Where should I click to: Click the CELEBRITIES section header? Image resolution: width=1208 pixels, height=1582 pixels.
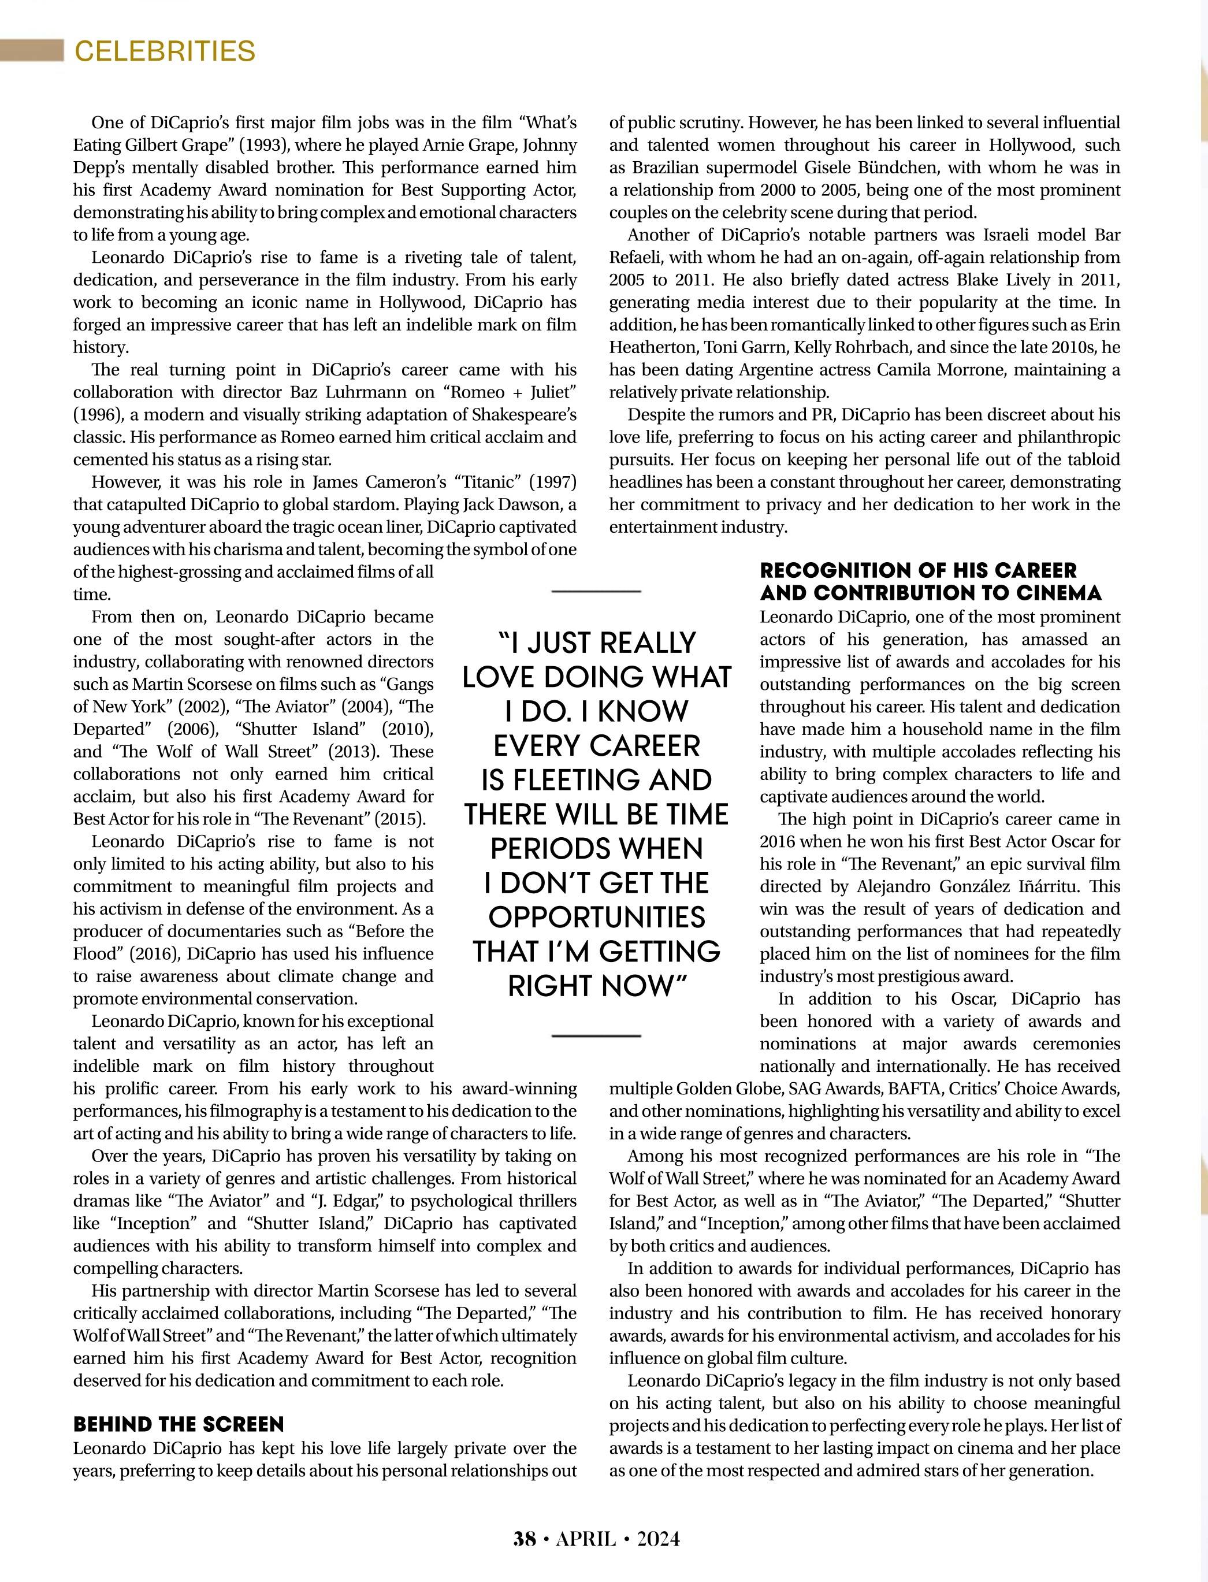(x=165, y=51)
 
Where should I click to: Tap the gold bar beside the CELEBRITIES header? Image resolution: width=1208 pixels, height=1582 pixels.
(x=32, y=51)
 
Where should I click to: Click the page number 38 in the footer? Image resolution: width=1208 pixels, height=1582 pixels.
(x=524, y=1538)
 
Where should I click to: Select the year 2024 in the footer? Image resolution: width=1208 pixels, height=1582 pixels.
(x=658, y=1538)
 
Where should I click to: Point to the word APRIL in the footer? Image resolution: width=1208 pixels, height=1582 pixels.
(x=586, y=1538)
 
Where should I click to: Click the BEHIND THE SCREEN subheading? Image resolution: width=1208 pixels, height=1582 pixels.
(x=179, y=1424)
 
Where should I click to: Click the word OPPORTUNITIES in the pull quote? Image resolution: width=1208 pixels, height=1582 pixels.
(x=596, y=917)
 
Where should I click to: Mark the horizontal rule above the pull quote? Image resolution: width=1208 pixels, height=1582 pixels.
(x=596, y=591)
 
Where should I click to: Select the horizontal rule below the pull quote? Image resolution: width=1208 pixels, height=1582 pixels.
(x=596, y=1035)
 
